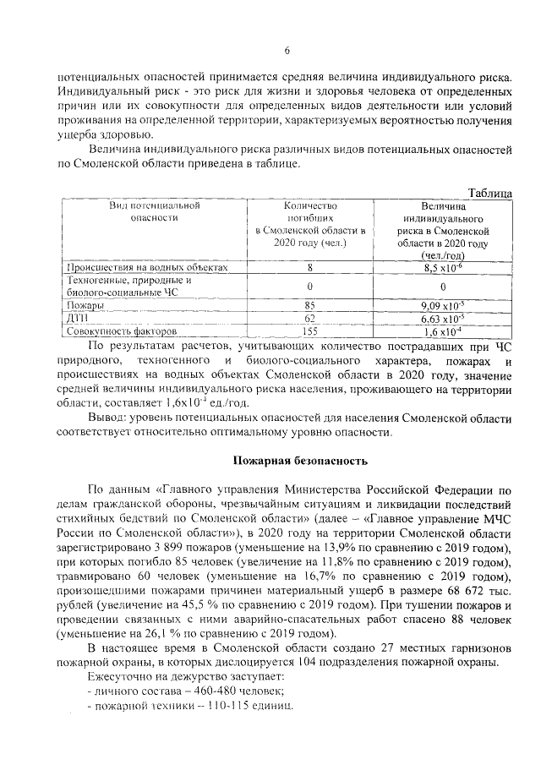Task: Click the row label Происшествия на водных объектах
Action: [x=136, y=267]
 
